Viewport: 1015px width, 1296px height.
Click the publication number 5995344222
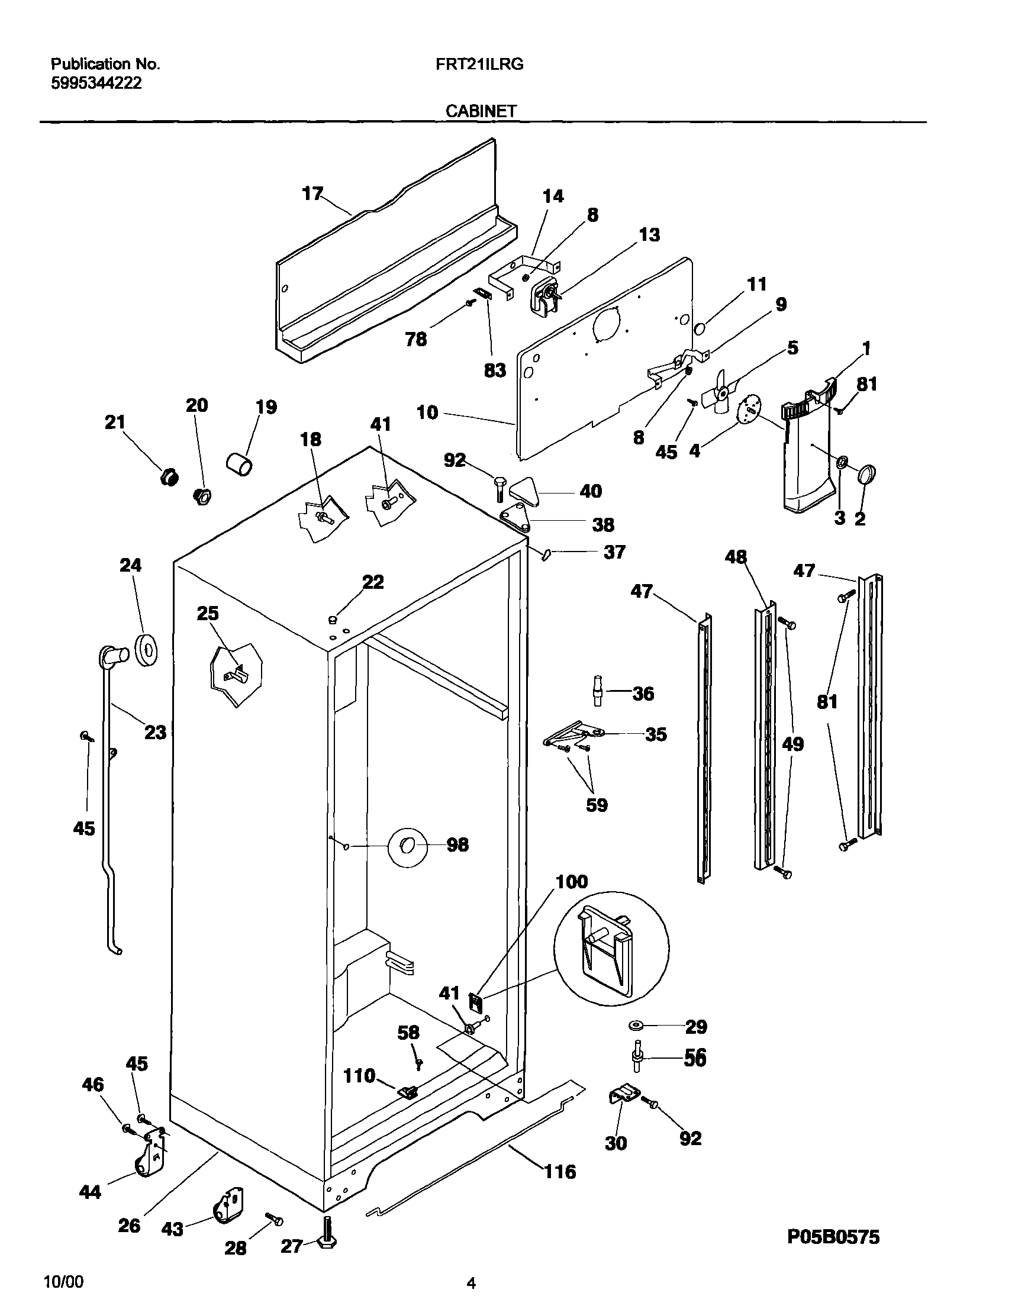tap(96, 83)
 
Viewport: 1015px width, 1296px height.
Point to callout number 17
tap(312, 194)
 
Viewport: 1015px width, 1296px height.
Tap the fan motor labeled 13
tap(545, 295)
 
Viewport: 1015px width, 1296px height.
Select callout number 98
tap(457, 844)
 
